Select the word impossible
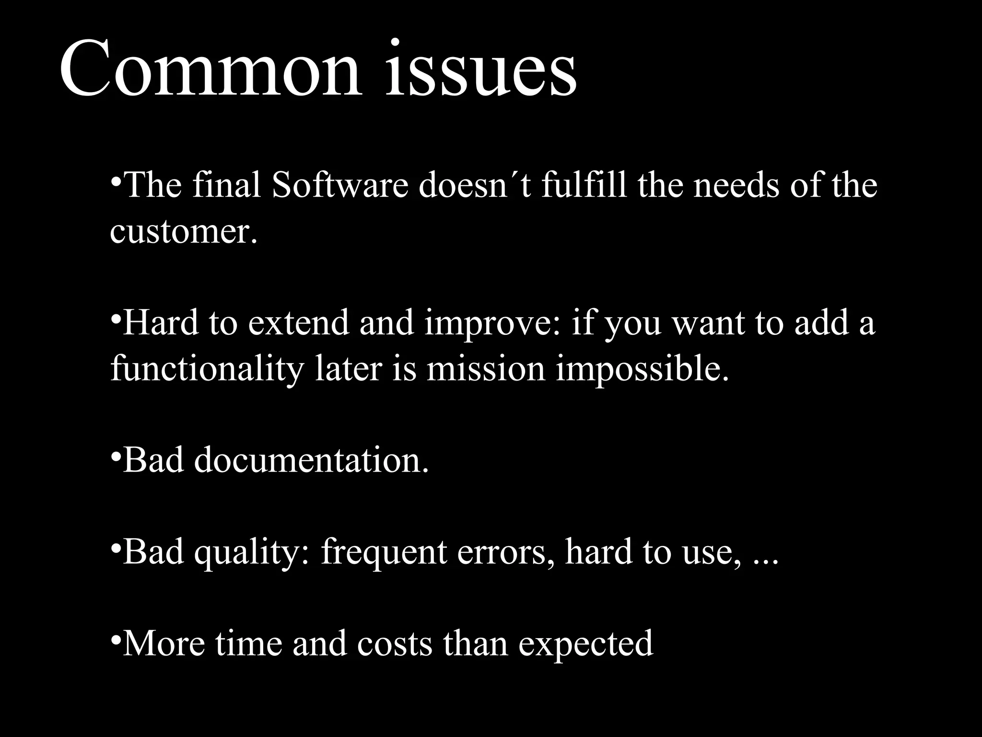click(643, 369)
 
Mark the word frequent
click(384, 553)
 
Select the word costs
click(394, 644)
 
